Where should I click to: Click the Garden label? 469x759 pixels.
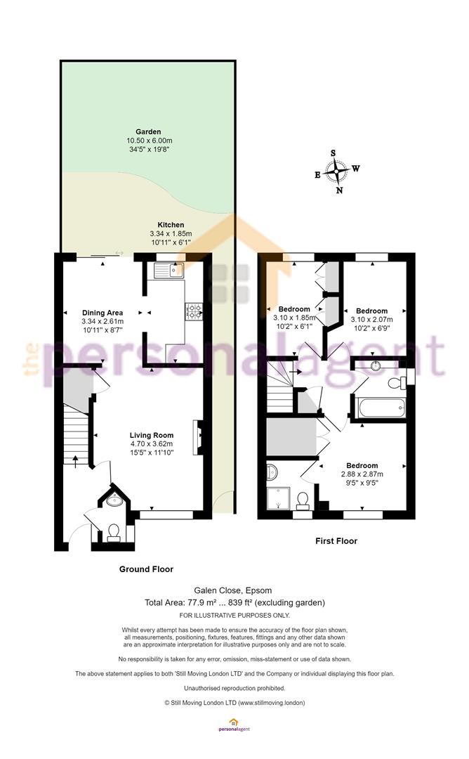[148, 131]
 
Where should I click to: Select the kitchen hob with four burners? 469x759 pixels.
[194, 311]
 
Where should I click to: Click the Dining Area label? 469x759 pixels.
[103, 313]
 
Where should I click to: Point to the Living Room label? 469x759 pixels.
[152, 435]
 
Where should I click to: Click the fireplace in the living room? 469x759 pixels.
[198, 438]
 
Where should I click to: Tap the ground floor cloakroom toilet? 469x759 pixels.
[114, 533]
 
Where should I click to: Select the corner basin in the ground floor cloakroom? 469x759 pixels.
[114, 500]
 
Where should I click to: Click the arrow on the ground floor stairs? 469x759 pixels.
[75, 461]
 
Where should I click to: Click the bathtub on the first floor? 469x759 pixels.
[381, 408]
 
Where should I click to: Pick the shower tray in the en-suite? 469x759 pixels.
[278, 498]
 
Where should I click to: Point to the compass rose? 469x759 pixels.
[336, 171]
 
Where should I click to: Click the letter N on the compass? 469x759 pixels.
[339, 190]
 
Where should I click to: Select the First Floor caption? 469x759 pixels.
[336, 540]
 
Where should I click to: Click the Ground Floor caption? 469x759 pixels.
[146, 569]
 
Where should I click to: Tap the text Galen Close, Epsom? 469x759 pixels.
[233, 590]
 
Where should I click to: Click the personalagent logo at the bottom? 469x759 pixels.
[234, 725]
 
